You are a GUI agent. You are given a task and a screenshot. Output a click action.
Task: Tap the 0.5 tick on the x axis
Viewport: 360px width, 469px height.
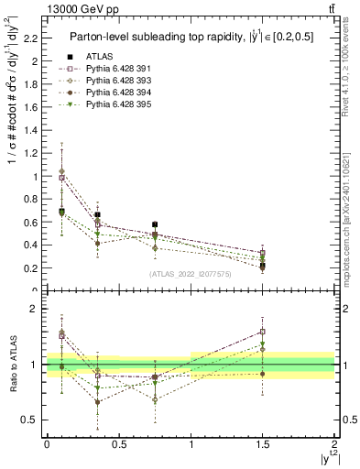pos(118,443)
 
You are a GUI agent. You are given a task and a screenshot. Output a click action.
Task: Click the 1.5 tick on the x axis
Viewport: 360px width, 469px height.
pos(263,443)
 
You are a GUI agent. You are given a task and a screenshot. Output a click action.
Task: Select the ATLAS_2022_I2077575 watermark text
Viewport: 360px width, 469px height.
pos(191,273)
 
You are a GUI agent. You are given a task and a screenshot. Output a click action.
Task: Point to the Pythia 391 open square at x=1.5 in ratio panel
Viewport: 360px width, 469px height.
pos(263,332)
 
